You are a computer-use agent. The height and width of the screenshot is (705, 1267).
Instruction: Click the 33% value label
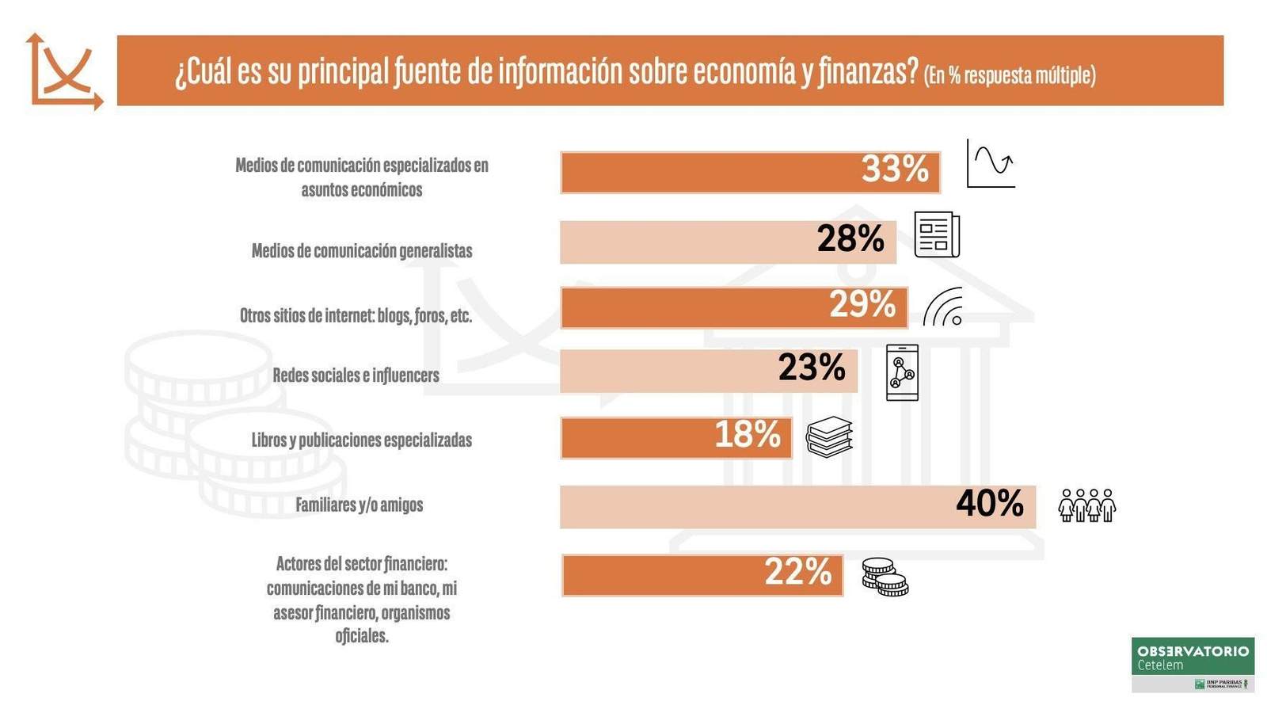pyautogui.click(x=895, y=170)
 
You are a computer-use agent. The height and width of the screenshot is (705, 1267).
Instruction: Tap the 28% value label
pyautogui.click(x=850, y=239)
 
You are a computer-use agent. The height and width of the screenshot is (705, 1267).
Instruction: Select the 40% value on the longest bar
pyautogui.click(x=990, y=504)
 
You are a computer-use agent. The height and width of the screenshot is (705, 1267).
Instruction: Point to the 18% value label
pyautogui.click(x=748, y=435)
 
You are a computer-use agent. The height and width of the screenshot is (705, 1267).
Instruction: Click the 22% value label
pyautogui.click(x=798, y=573)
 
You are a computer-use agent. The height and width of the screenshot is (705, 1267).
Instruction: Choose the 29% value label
pyautogui.click(x=862, y=305)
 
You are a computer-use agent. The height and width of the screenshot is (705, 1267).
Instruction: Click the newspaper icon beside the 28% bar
pyautogui.click(x=937, y=234)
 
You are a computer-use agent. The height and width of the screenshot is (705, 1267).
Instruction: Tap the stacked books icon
pyautogui.click(x=829, y=436)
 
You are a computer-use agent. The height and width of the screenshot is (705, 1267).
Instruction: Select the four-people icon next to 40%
pyautogui.click(x=1086, y=505)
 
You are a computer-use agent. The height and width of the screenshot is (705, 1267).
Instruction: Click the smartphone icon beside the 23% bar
pyautogui.click(x=902, y=372)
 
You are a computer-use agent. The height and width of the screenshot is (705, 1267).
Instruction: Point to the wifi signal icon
pyautogui.click(x=943, y=307)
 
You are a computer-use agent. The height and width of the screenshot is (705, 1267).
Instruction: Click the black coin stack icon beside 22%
pyautogui.click(x=885, y=577)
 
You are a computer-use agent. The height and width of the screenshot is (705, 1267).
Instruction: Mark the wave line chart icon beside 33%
pyautogui.click(x=991, y=164)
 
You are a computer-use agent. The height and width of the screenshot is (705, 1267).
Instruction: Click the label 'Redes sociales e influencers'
pyautogui.click(x=356, y=375)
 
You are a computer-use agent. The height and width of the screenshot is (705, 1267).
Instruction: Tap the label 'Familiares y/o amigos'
pyautogui.click(x=359, y=505)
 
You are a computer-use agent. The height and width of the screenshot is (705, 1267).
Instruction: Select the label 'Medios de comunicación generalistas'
pyautogui.click(x=362, y=251)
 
